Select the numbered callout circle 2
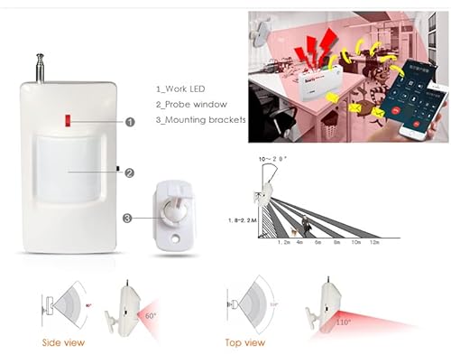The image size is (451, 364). click(x=130, y=173)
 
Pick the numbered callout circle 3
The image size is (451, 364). click(x=128, y=217)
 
